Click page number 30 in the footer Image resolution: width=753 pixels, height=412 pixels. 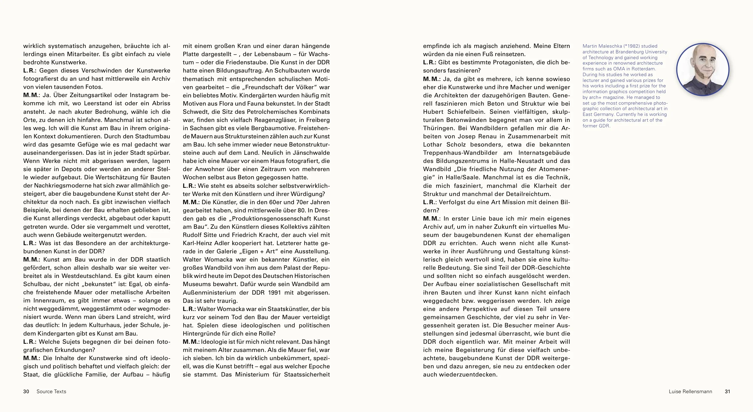coord(26,392)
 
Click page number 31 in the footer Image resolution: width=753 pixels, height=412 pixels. coord(727,392)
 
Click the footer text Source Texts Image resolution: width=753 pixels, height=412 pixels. coord(51,392)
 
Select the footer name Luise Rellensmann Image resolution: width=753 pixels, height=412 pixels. coord(690,392)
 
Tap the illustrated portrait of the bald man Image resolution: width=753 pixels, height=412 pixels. coord(703,69)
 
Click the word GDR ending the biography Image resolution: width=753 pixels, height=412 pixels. coord(605,126)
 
